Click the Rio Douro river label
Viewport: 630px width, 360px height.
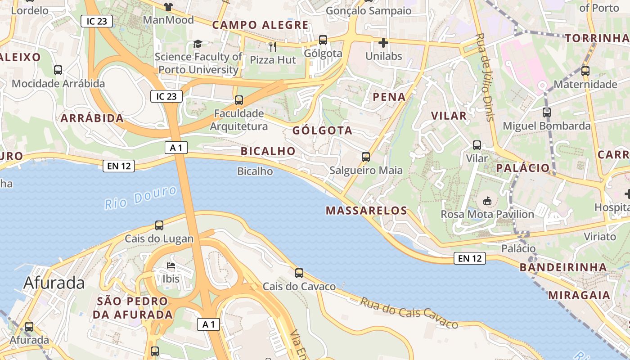click(141, 198)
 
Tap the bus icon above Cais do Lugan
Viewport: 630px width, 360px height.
click(159, 225)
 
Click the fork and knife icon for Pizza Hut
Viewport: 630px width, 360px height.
click(272, 46)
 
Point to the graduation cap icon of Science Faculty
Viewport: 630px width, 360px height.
click(198, 44)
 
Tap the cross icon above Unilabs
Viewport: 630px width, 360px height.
click(383, 43)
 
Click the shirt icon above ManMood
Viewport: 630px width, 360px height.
click(168, 6)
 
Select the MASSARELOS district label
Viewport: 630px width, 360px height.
click(366, 211)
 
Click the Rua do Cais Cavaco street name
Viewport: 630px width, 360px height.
click(409, 313)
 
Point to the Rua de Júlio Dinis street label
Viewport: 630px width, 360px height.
click(485, 77)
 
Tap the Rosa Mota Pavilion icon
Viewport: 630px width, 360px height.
click(487, 201)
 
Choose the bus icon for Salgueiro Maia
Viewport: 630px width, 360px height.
click(366, 157)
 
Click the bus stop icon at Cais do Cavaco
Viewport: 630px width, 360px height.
click(299, 273)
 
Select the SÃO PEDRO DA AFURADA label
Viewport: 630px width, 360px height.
click(133, 308)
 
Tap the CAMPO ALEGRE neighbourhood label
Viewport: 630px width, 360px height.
click(261, 25)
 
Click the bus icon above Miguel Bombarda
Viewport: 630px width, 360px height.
click(547, 112)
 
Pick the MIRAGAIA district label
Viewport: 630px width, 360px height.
click(579, 296)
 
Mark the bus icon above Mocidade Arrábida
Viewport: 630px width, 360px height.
click(58, 70)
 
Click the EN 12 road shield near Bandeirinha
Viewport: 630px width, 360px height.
click(470, 258)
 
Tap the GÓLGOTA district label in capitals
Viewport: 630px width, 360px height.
click(322, 130)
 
